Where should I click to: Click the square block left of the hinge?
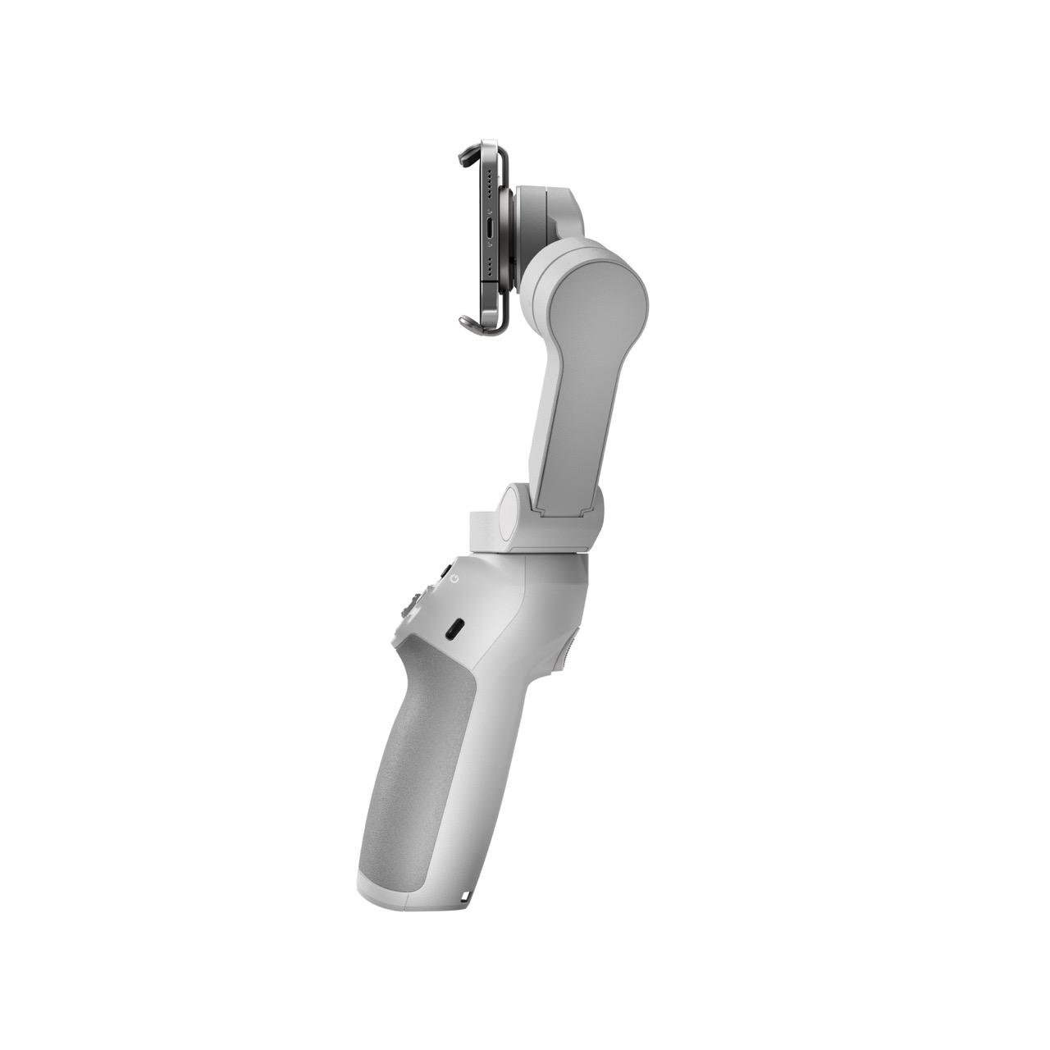click(484, 532)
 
